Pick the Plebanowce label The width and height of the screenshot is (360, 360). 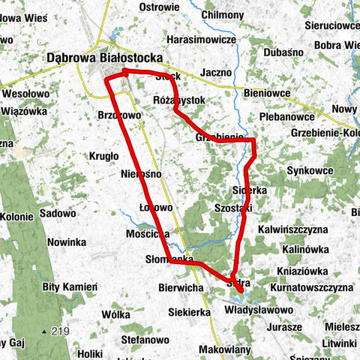point(287,117)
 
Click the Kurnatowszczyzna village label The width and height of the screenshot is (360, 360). point(313,287)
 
